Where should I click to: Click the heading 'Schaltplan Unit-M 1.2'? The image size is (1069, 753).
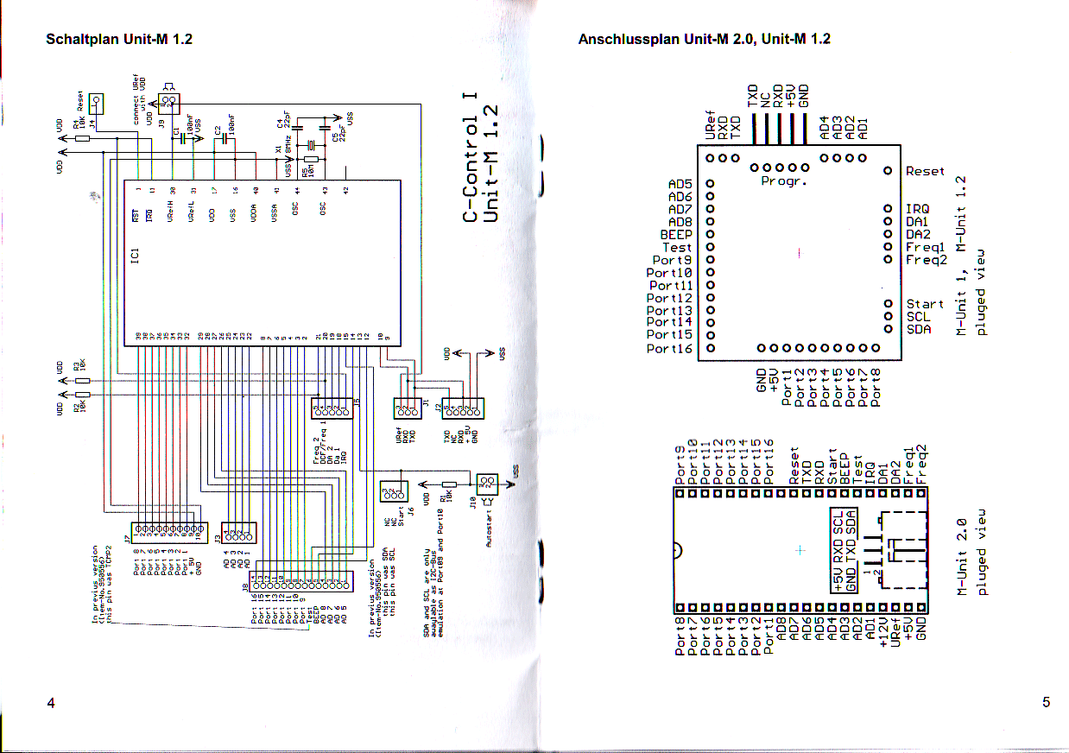tap(119, 40)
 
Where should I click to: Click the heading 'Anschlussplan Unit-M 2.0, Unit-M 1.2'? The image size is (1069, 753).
tap(704, 40)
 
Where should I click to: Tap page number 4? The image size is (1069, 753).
tap(51, 703)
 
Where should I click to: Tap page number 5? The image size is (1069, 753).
tap(1046, 703)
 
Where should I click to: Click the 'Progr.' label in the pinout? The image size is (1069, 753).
tap(780, 182)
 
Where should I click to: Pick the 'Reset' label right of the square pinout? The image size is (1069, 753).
tap(925, 172)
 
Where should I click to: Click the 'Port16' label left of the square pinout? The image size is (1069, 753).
tap(669, 349)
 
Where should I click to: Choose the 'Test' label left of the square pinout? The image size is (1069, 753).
tap(677, 247)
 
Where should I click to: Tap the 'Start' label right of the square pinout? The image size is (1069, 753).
tap(925, 304)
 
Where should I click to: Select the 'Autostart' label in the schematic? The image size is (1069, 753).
tap(490, 527)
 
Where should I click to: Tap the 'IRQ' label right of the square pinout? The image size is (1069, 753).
tap(917, 209)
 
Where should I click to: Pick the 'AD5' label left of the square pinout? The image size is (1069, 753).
tap(680, 184)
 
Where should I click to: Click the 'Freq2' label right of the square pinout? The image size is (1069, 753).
tap(926, 259)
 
